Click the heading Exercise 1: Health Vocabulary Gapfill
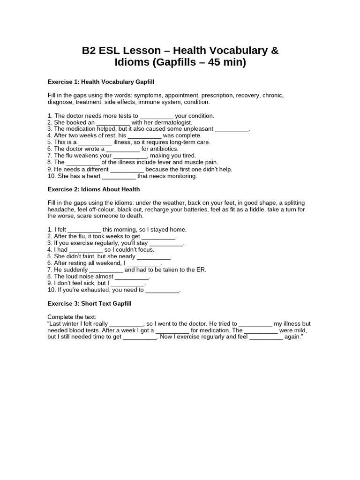[x=101, y=82]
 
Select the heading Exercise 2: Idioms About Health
[x=94, y=189]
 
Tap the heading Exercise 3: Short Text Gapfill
[x=90, y=304]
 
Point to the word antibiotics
[x=163, y=149]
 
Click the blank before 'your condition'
[x=157, y=116]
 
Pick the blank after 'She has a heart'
[x=119, y=176]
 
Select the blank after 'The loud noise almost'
[x=132, y=277]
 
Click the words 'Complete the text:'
[x=72, y=317]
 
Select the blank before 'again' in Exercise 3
[x=266, y=337]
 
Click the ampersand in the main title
[x=274, y=51]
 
